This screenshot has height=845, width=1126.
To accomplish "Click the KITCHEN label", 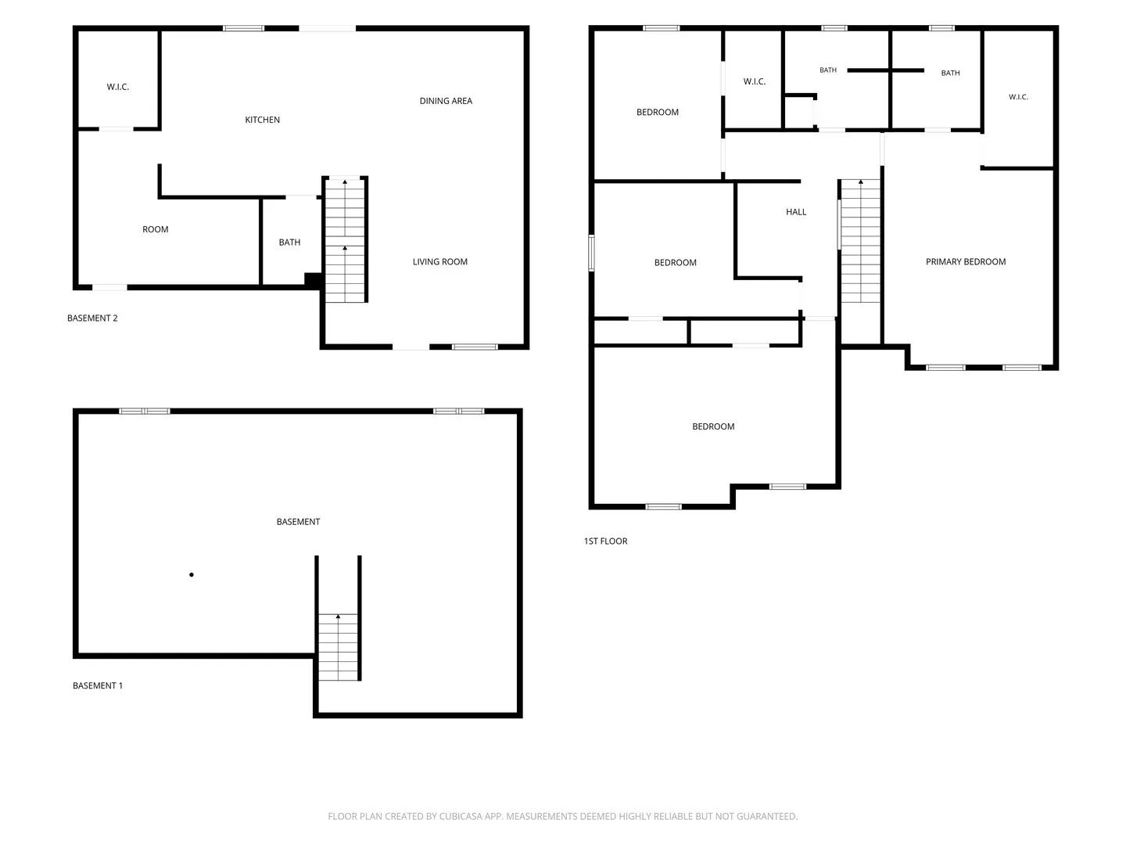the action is [262, 120].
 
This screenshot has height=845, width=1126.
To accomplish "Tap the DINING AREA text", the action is [446, 101].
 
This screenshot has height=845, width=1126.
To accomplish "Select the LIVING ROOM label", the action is [440, 261].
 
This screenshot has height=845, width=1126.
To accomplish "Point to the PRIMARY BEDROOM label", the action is [966, 261].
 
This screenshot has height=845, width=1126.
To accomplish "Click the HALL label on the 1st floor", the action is [796, 212].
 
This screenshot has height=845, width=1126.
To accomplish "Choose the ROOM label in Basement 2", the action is [156, 229].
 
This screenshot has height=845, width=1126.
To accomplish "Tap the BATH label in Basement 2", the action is [289, 243].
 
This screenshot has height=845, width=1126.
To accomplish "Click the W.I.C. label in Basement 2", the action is [117, 87].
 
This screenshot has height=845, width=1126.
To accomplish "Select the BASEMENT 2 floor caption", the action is [92, 318].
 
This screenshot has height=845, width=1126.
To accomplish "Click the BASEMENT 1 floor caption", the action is [98, 685].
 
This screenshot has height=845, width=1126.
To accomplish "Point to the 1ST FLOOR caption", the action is [605, 541].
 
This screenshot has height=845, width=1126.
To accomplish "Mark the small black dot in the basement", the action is [192, 574].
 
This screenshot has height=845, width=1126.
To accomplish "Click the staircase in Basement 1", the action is [338, 647].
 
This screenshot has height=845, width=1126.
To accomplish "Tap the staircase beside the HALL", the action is [860, 241].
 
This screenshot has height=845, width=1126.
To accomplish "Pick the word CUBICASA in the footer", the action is [461, 816].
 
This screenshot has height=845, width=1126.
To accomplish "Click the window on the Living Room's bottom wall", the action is [475, 347].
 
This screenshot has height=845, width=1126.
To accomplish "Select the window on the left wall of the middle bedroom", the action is [591, 253].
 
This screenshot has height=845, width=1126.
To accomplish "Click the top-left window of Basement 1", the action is [144, 411].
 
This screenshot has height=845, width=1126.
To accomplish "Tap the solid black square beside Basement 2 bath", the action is [313, 280].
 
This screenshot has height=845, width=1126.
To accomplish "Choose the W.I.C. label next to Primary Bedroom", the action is [1018, 97].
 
